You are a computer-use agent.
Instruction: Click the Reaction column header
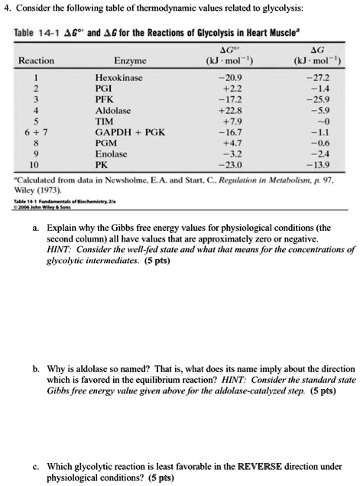(x=35, y=60)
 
